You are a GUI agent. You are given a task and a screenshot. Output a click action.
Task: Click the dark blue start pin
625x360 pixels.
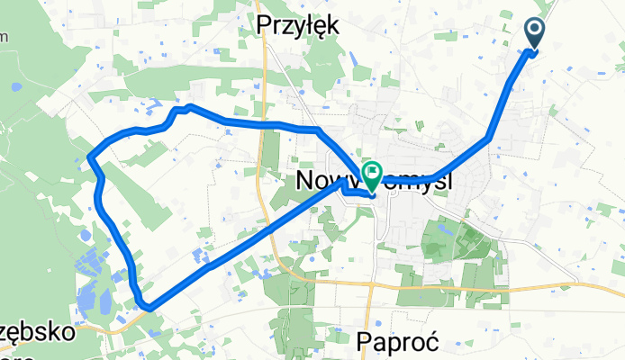pyautogui.click(x=534, y=35)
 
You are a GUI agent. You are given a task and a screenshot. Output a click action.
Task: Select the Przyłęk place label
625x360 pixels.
pyautogui.click(x=298, y=25)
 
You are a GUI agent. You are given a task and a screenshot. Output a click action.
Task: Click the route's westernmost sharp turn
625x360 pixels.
pyautogui.click(x=89, y=159)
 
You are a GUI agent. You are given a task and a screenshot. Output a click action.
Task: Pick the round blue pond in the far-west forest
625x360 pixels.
pyautogui.click(x=16, y=88)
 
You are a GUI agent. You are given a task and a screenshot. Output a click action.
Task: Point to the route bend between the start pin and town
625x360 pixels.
pyautogui.click(x=489, y=138)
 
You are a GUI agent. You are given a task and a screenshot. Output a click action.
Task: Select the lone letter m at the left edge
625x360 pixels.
pyautogui.click(x=4, y=36)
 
